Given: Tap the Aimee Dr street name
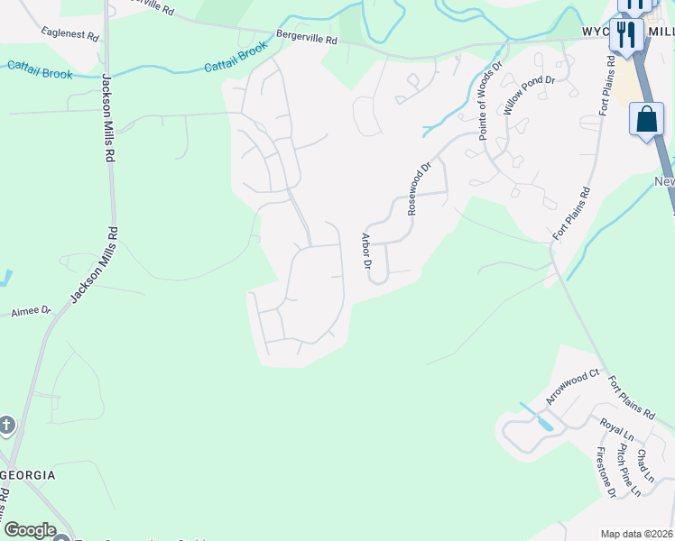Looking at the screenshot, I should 31,311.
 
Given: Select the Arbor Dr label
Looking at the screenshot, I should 366,252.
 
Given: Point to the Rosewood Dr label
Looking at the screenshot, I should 421,188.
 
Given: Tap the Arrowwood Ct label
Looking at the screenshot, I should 572,386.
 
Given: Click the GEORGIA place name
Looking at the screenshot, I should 28,475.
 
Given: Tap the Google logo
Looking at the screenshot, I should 29,530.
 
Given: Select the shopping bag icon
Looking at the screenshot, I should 647,121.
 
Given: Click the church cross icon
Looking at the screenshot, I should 6,424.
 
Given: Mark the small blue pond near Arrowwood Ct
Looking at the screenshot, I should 542,421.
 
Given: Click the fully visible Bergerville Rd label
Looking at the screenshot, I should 307,40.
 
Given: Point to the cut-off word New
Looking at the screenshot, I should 664,182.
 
